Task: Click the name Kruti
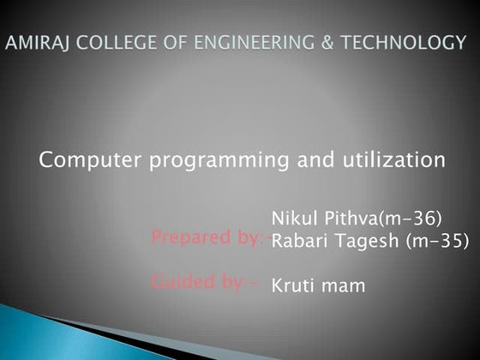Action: point(294,285)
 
